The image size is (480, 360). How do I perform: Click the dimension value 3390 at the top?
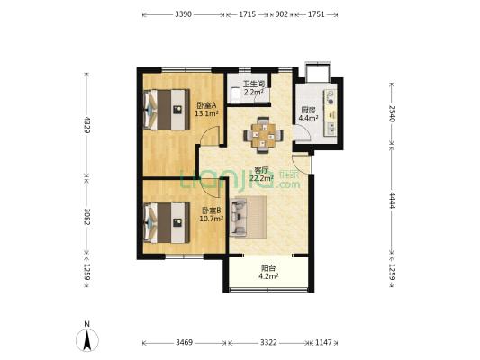click(x=183, y=14)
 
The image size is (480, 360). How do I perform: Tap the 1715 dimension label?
click(x=247, y=14)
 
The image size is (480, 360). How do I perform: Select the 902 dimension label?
click(x=282, y=14)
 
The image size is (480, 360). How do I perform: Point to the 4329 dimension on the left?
click(x=87, y=124)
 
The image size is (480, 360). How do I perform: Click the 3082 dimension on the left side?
click(x=87, y=217)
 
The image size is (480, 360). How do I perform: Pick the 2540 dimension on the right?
click(x=392, y=113)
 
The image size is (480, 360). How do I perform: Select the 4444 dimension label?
click(x=392, y=201)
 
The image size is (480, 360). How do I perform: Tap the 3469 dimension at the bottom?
click(x=184, y=342)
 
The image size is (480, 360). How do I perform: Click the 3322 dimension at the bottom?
click(x=268, y=342)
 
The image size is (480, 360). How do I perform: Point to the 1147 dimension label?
click(x=323, y=342)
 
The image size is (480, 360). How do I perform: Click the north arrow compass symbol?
click(x=87, y=340)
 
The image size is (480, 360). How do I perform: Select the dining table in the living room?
click(x=263, y=135)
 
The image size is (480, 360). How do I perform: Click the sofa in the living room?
click(x=238, y=218)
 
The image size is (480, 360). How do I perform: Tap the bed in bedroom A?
click(x=167, y=110)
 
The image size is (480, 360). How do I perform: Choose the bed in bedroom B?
click(x=167, y=222)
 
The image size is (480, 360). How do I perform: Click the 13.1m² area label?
click(x=206, y=113)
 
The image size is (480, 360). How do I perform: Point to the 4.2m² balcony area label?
click(x=268, y=276)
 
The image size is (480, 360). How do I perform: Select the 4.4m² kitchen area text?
click(x=308, y=118)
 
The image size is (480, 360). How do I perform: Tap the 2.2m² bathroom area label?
click(x=254, y=92)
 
